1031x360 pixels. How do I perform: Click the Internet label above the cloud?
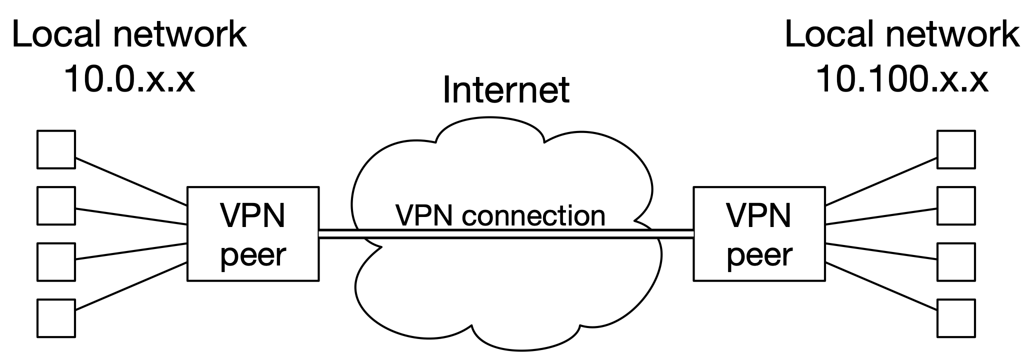pos(505,90)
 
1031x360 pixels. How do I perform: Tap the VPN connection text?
pos(500,215)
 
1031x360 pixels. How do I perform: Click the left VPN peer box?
pos(253,234)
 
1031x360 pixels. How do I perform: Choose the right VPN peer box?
pos(759,234)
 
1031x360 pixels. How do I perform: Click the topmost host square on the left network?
pos(56,149)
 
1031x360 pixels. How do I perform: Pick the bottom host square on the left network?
pos(56,318)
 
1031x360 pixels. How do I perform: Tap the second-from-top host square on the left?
pos(56,205)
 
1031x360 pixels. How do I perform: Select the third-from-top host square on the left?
pos(56,262)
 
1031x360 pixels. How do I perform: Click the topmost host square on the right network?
pos(955,149)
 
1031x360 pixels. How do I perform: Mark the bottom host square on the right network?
pos(955,318)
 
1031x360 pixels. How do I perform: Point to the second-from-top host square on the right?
pos(955,205)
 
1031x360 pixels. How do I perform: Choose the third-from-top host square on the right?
pos(955,262)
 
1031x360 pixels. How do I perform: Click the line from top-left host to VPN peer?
pos(131,182)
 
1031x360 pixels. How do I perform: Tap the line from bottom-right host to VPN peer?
pos(881,288)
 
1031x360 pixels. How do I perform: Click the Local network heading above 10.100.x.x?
pos(901,35)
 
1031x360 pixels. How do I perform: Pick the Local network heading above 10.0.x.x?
pos(129,35)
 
